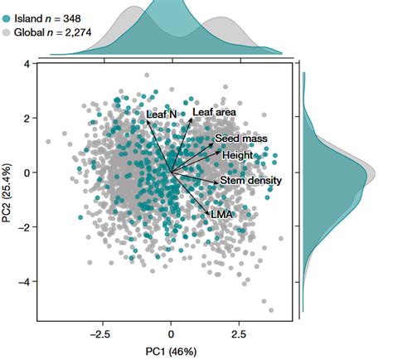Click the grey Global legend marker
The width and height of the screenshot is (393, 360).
pyautogui.click(x=7, y=32)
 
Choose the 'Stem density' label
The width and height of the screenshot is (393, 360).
pyautogui.click(x=251, y=180)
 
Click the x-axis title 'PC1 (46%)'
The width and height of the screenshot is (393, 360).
pyautogui.click(x=170, y=351)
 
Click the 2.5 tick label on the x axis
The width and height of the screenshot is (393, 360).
pyautogui.click(x=239, y=333)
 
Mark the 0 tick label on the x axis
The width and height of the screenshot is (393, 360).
pyautogui.click(x=171, y=333)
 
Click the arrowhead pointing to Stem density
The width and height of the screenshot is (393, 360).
pyautogui.click(x=218, y=181)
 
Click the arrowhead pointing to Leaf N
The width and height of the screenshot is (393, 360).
pyautogui.click(x=148, y=121)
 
